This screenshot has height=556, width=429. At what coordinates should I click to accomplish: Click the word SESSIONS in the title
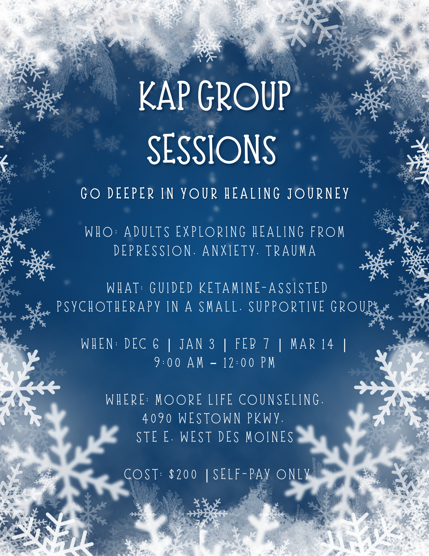(x=212, y=149)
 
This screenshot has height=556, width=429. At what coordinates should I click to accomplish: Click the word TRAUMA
(x=291, y=251)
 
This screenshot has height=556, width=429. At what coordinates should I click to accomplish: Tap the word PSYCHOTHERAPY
(x=109, y=307)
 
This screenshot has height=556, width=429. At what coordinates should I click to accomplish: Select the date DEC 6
(x=142, y=344)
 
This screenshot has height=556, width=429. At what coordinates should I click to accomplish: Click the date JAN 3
(x=197, y=344)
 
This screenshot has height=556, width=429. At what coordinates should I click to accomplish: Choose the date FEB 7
(x=252, y=344)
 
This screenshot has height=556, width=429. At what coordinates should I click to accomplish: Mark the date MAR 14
(x=312, y=344)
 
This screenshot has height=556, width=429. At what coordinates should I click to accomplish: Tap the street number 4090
(x=157, y=418)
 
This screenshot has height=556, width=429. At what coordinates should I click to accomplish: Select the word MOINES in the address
(x=269, y=437)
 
